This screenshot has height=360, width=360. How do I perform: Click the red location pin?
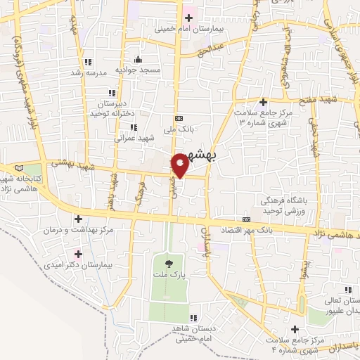coord(180,165)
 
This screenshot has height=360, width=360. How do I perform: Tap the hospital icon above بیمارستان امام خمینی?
coord(188,18)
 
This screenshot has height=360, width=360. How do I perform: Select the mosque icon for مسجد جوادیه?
coord(139,59)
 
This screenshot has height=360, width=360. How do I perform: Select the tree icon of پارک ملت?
coord(167,264)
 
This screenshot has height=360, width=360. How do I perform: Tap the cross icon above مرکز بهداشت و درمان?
coord(78,219)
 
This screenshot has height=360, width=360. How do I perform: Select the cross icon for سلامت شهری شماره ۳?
coord(262,103)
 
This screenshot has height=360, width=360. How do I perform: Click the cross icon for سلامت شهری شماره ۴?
coord(295,329)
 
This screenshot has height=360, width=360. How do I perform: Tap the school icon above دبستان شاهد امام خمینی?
coord(192,317)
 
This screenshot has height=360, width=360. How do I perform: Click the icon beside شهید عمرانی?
coord(133,127)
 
